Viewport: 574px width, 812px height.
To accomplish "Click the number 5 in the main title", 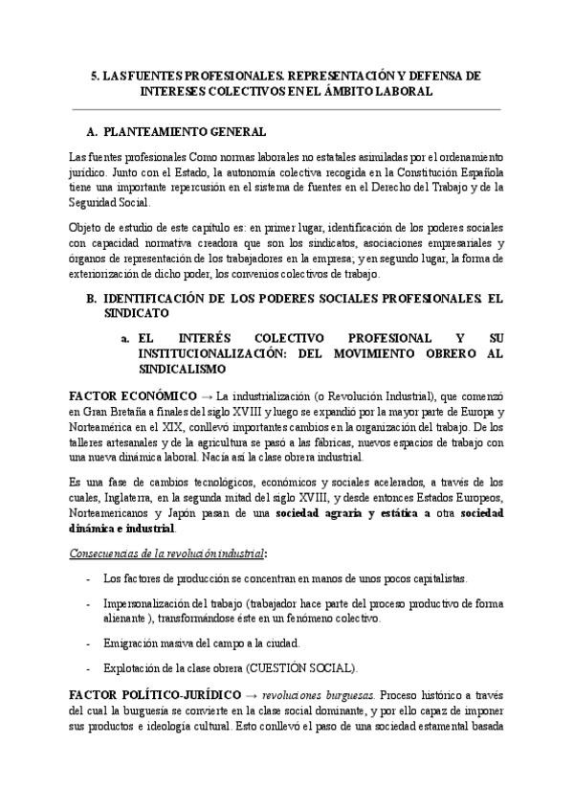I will (93, 74).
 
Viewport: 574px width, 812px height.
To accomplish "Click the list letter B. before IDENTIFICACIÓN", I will (92, 299).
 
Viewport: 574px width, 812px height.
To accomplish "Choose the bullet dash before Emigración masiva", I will (88, 643).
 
